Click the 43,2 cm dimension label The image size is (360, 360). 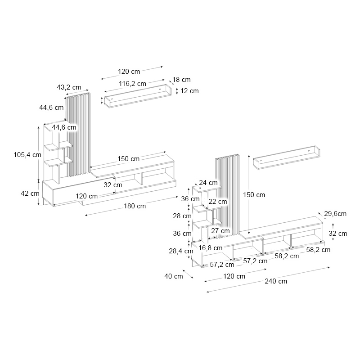pyautogui.click(x=69, y=87)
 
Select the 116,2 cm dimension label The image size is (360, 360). pyautogui.click(x=132, y=83)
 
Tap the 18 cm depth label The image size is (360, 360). pyautogui.click(x=181, y=80)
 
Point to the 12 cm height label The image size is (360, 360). pyautogui.click(x=189, y=91)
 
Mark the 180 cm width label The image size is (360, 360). pyautogui.click(x=135, y=206)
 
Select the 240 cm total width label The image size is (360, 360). pyautogui.click(x=276, y=281)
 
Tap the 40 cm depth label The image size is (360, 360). pyautogui.click(x=174, y=276)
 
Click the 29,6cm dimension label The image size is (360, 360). pyautogui.click(x=335, y=214)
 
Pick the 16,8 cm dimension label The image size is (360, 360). pyautogui.click(x=211, y=247)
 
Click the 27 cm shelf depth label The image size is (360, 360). pyautogui.click(x=220, y=231)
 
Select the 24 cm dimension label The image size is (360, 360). pyautogui.click(x=208, y=183)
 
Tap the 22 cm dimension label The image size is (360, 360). pyautogui.click(x=218, y=202)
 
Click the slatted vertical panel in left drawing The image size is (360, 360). pyautogui.click(x=79, y=135)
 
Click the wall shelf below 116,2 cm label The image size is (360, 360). pyautogui.click(x=138, y=96)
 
